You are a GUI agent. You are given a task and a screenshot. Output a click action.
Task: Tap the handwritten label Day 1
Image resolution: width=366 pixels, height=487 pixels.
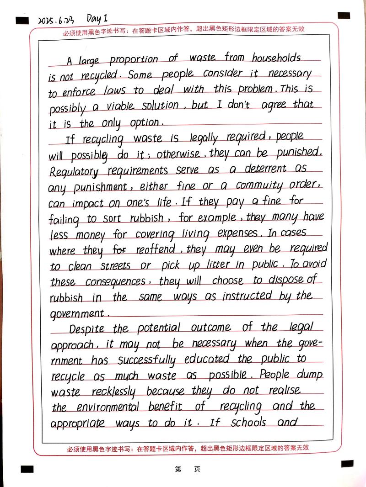click(97, 18)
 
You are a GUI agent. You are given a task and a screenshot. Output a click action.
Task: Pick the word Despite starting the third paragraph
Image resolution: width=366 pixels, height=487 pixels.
click(87, 329)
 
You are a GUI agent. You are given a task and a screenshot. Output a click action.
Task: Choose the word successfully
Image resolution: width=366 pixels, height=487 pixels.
click(146, 361)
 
